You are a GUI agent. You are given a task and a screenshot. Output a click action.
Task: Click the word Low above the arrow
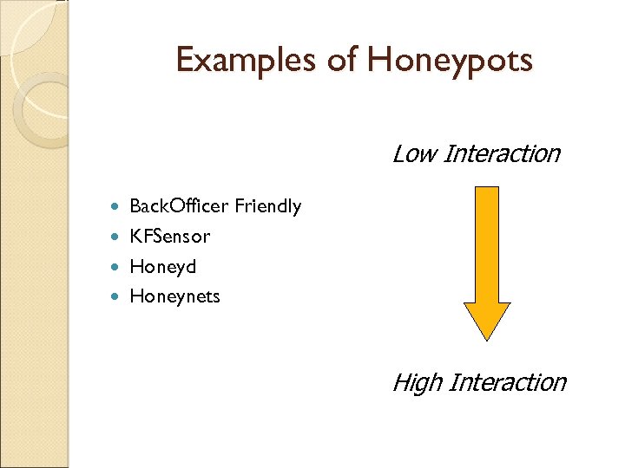[413, 154]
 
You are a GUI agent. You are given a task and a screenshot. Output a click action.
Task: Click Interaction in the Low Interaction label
[502, 154]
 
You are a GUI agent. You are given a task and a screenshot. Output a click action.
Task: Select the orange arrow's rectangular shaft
[488, 243]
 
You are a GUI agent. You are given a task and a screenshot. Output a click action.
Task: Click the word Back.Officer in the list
[179, 206]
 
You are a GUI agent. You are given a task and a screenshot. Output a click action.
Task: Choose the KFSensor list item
[169, 236]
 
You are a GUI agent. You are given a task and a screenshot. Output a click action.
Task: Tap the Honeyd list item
[162, 266]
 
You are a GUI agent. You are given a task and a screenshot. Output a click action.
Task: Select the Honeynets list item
[174, 296]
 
